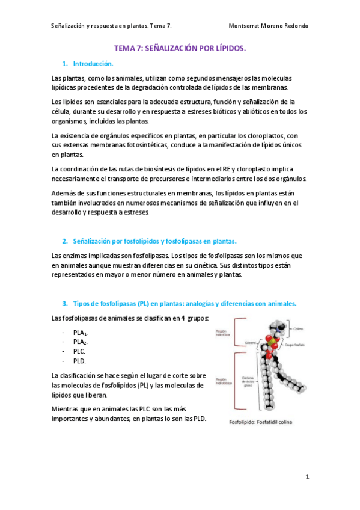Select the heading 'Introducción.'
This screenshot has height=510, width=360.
point(93,63)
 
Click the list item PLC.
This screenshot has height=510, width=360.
point(79,351)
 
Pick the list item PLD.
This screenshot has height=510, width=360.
point(79,361)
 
